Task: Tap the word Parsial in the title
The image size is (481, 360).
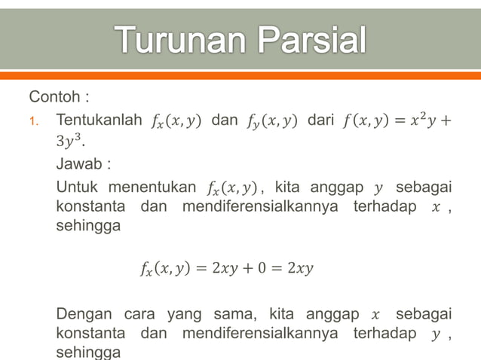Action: tap(309, 41)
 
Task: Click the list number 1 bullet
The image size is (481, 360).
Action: tap(33, 121)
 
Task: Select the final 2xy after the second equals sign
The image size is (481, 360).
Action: tap(299, 267)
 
